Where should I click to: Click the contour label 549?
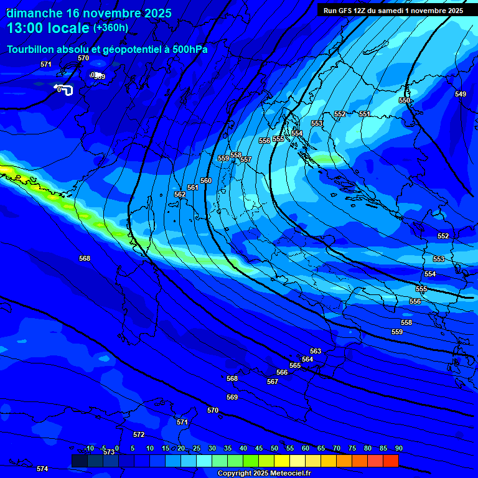(460, 94)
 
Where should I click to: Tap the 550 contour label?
(405, 100)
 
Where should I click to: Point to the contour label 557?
(246, 160)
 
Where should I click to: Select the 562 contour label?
(180, 195)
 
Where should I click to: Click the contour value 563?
(316, 352)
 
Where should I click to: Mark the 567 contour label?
(273, 382)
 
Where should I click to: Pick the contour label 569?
(232, 397)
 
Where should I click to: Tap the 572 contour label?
(139, 434)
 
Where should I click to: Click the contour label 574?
(42, 469)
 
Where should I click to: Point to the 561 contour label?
(193, 187)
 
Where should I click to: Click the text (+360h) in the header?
(111, 27)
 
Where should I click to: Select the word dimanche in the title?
(34, 13)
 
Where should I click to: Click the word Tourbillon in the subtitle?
(30, 49)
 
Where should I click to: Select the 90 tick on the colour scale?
(398, 449)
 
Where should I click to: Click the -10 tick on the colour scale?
(89, 449)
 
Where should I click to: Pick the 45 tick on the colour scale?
(259, 449)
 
